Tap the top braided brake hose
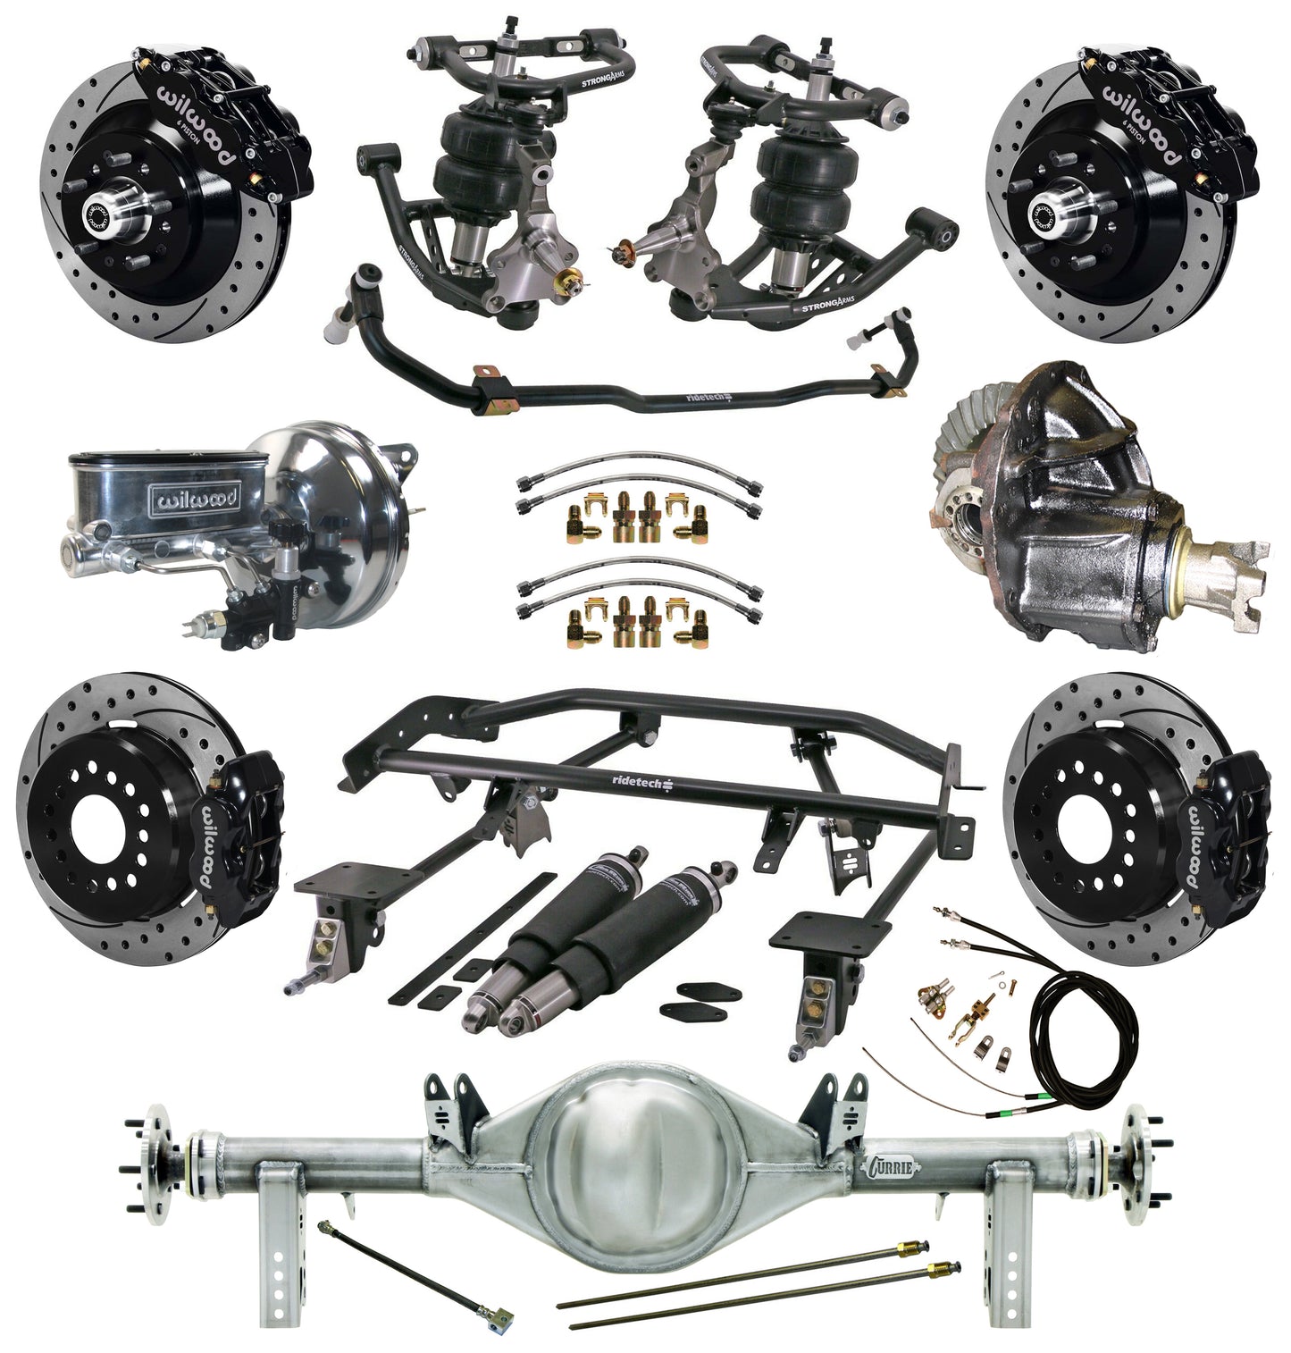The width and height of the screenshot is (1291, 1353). coord(638,466)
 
